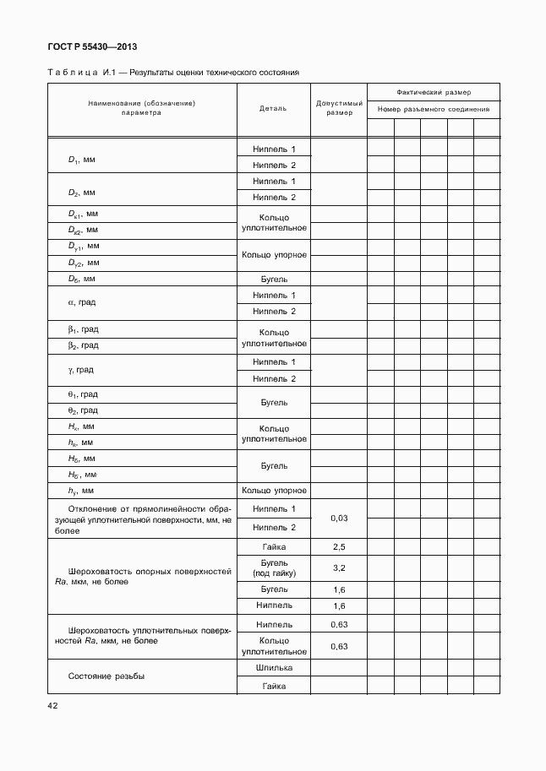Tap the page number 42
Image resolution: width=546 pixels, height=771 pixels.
point(52,704)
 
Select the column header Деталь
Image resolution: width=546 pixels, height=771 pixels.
point(274,108)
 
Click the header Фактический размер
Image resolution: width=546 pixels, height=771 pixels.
point(434,91)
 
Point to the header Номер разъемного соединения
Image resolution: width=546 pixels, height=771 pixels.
point(434,109)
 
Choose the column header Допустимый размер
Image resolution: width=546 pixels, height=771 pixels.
point(340,108)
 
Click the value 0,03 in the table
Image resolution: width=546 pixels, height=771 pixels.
point(340,518)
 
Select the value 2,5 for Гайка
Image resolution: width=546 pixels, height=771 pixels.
point(340,546)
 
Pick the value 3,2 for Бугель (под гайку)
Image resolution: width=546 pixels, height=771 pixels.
point(340,567)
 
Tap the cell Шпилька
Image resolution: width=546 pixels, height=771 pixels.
point(274,668)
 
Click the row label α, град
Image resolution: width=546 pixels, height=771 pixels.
point(82,303)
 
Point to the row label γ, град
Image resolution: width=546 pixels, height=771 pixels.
point(81,370)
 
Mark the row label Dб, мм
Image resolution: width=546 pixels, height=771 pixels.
point(83,278)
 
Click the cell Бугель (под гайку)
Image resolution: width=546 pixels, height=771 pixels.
point(274,567)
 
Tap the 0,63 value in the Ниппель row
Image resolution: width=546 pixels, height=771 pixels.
point(340,625)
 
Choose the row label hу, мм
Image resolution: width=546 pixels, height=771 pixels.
point(81,490)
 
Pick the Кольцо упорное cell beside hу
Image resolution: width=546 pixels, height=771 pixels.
point(274,490)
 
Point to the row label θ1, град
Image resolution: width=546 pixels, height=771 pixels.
point(83,394)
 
